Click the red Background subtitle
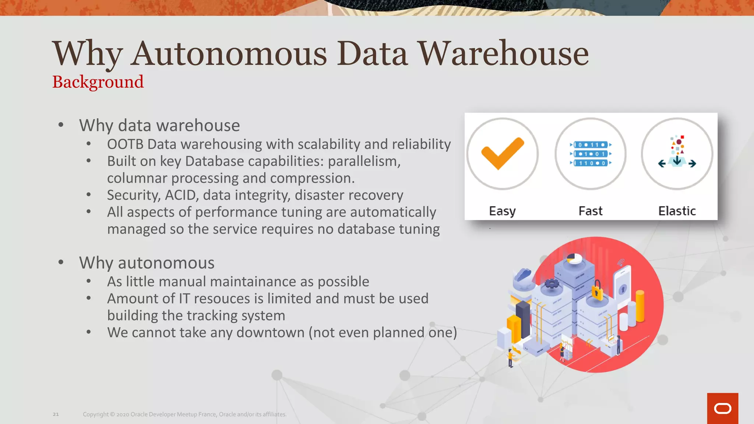[x=98, y=82]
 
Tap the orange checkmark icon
[x=502, y=153]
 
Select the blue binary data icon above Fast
[x=591, y=154]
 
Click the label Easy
[x=502, y=211]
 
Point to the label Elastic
[x=677, y=211]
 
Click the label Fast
[x=591, y=211]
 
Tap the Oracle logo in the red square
[x=722, y=409]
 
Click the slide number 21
[x=56, y=414]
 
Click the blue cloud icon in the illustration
[x=524, y=275]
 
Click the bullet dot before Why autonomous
[x=61, y=262]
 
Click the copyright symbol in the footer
[x=112, y=414]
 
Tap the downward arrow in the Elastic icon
[x=677, y=160]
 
